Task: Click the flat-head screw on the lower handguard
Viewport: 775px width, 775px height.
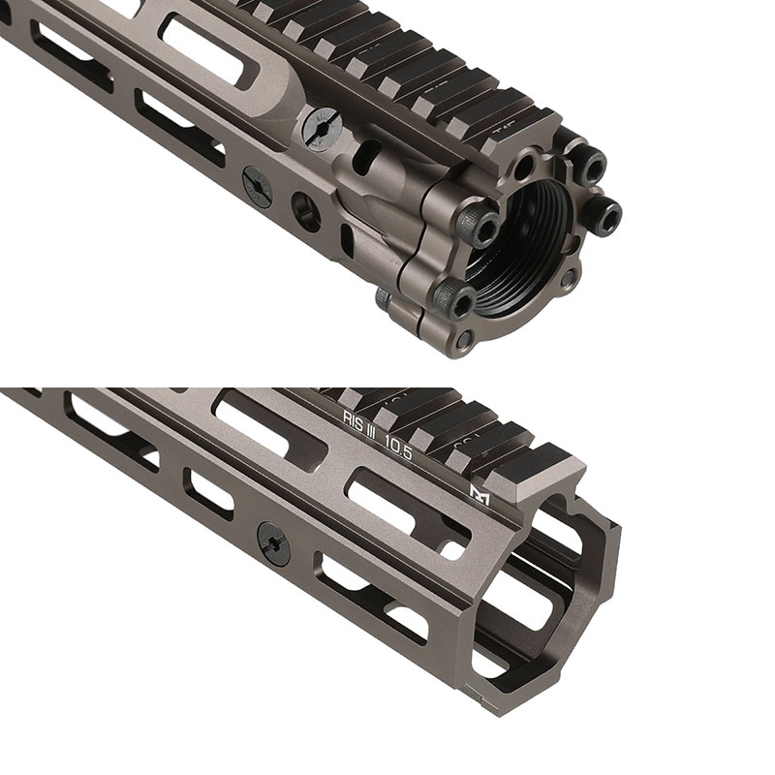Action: point(275,544)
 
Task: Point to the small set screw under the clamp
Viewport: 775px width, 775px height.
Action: point(385,303)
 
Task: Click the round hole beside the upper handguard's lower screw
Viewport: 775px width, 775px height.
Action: point(307,209)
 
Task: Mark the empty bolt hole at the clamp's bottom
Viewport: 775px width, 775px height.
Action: point(466,339)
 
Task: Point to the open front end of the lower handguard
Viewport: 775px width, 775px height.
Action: point(552,601)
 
